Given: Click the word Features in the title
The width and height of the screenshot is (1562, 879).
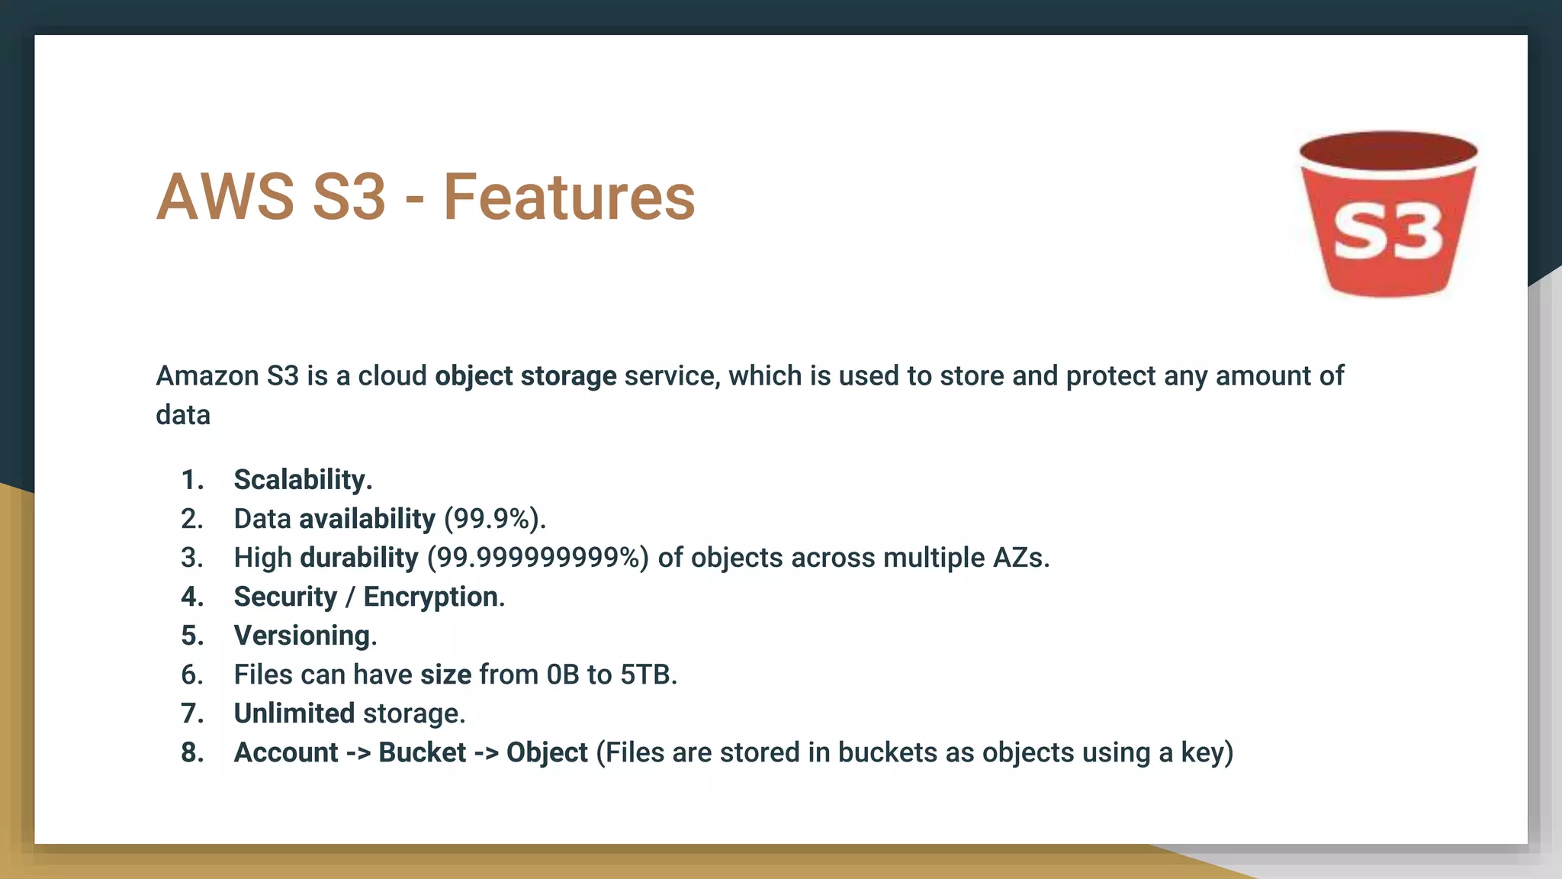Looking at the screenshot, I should coord(569,197).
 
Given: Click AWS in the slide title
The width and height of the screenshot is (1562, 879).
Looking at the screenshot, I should coord(225,197).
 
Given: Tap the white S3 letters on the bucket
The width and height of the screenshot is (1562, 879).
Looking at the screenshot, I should coord(1388,233).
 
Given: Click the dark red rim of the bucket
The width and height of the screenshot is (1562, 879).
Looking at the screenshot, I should coord(1388,149).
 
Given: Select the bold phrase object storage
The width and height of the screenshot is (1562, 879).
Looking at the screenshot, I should coord(525,376).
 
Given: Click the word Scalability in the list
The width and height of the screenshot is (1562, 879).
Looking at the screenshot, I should coord(302,480).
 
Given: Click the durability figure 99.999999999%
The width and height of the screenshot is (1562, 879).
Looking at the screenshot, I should coord(538,558).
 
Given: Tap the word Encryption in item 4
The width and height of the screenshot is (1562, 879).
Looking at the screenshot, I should coord(433,597).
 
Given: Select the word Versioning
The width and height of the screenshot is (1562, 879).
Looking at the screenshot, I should coord(304,636).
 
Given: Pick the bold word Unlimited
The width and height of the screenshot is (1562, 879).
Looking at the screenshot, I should coord(294,713).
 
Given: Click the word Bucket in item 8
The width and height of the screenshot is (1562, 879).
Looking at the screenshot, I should coord(422,752).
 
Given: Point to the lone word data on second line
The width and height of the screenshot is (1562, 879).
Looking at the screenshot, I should coord(183,415).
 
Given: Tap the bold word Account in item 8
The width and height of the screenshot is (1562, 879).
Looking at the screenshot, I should coord(286,752).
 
